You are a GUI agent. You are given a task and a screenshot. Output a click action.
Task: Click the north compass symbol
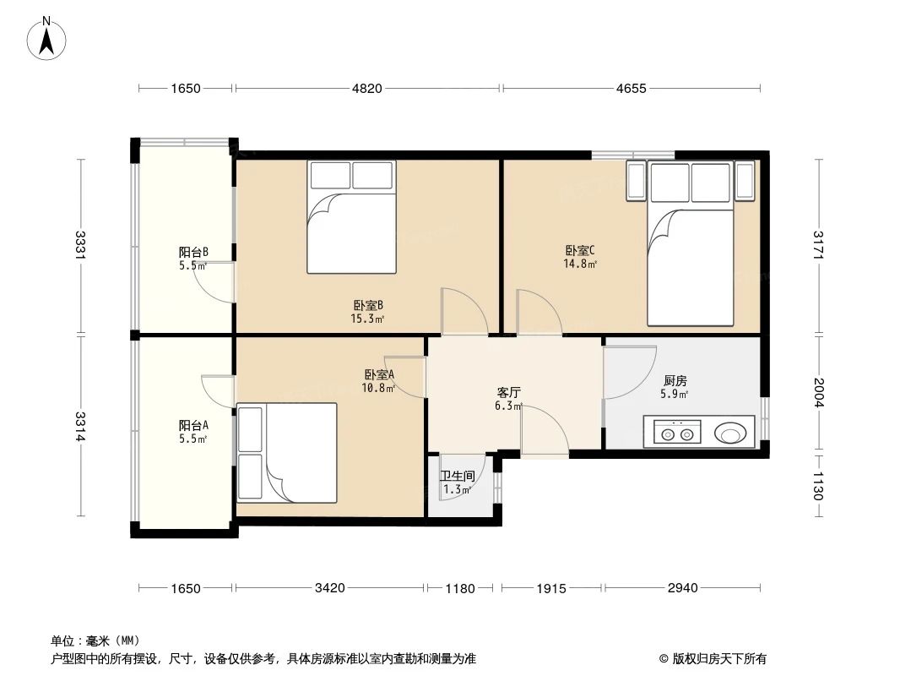point(48,37)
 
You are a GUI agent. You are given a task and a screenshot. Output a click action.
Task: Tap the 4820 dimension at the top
point(367,88)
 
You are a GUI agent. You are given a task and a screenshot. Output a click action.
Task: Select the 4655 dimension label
point(629,88)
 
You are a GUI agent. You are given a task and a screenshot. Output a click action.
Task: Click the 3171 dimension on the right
point(817,245)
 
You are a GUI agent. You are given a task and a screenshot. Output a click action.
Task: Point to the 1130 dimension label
point(817,486)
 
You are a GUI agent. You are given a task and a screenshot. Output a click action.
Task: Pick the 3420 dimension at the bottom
point(330,588)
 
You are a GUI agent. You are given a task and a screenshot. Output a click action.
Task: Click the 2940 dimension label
point(681,588)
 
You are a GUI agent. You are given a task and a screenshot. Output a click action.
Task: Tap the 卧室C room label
point(580,250)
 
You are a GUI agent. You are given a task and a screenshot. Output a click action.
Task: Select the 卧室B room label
point(368,306)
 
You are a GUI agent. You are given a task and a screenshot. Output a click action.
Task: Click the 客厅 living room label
point(508,393)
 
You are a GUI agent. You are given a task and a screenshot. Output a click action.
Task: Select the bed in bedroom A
point(287,452)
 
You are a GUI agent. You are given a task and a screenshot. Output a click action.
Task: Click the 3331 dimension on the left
point(80,245)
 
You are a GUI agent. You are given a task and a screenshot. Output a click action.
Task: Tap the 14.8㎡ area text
point(580,264)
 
